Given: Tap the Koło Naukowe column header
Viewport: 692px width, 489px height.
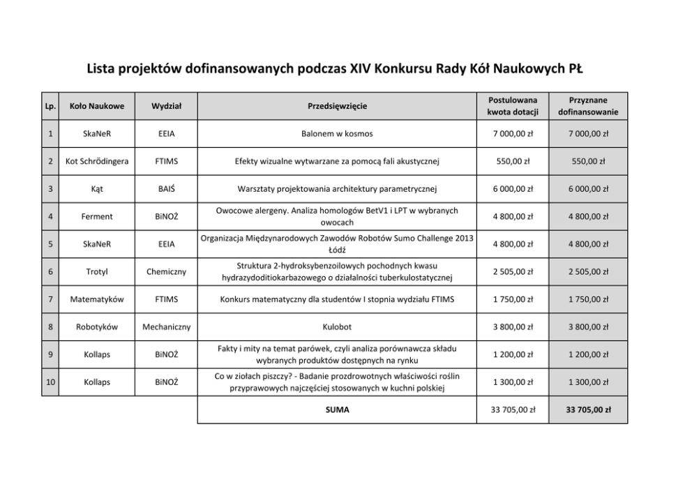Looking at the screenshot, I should pos(97,106).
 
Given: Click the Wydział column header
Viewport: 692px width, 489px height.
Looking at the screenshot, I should pos(167,106).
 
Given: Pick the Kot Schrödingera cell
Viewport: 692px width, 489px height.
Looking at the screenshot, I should pos(97,162).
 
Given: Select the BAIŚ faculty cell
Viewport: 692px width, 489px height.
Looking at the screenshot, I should pos(167,189).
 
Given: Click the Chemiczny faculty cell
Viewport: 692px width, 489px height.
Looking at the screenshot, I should pos(167,272).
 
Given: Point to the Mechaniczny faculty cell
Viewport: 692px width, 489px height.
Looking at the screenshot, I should pos(167,326).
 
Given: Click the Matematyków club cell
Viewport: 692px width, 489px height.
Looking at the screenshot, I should pos(97,299).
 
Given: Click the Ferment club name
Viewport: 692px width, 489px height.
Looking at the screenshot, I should pos(97,217).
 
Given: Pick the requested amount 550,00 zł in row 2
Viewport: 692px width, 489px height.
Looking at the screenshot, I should pos(513,162).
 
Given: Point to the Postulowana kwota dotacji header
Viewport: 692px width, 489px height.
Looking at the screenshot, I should pos(513,106).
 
